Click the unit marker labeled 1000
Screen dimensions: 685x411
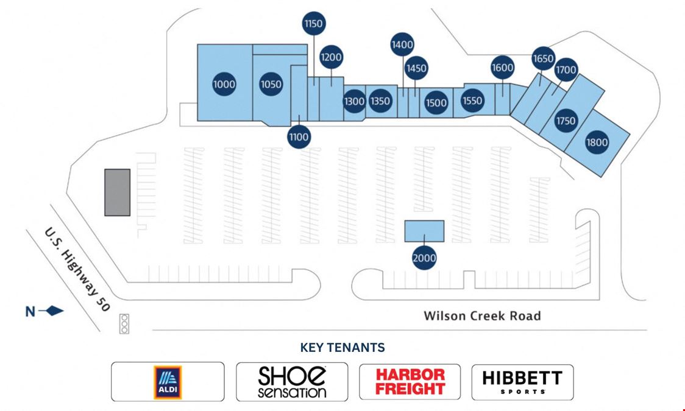point(224,84)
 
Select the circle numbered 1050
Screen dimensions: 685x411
point(271,84)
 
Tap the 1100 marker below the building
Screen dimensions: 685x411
point(299,137)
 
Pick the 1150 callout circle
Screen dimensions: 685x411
point(314,23)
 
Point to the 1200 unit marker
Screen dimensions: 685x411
point(331,57)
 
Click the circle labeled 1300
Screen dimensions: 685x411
point(354,101)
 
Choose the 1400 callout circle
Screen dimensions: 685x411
point(402,44)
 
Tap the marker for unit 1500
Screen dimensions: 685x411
point(436,103)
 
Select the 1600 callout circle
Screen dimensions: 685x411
point(502,68)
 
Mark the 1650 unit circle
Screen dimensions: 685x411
point(544,58)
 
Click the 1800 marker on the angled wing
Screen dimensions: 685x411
point(597,142)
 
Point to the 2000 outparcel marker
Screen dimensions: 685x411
point(424,258)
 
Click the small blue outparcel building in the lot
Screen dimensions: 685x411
point(424,231)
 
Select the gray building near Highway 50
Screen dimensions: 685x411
point(118,192)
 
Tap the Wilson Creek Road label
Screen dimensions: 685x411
point(482,315)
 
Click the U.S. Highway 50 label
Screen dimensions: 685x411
point(77,269)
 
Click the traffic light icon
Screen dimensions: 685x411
point(124,324)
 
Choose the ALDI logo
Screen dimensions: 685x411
point(168,382)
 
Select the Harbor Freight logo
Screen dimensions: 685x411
point(410,381)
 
